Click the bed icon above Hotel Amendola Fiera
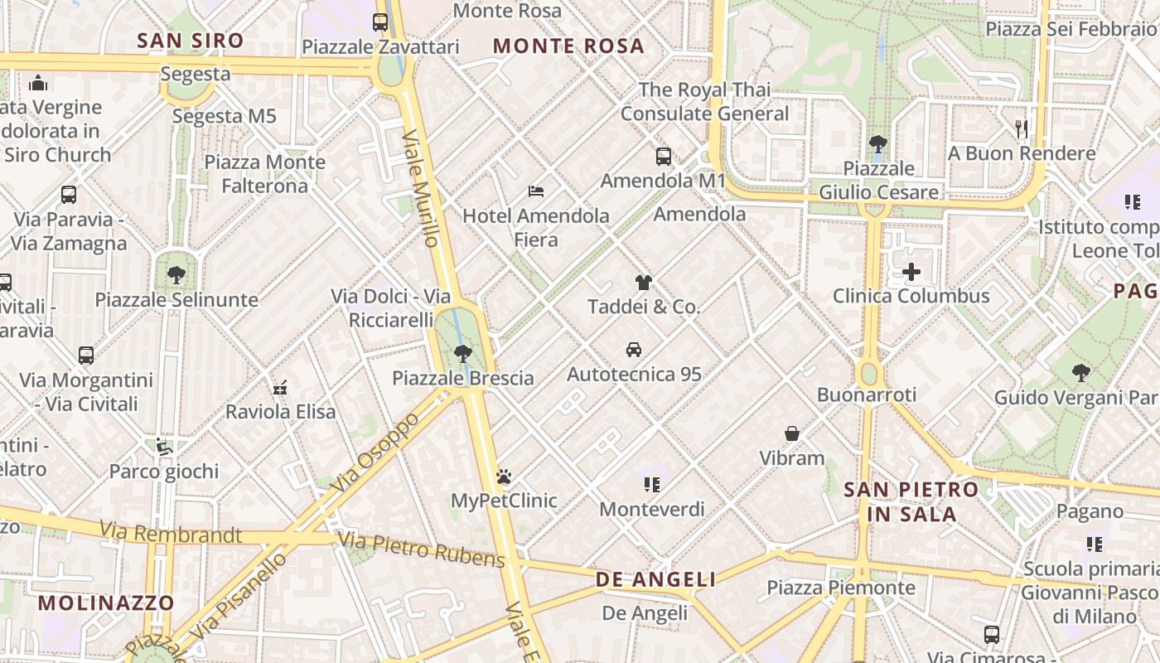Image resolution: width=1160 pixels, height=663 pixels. point(536,191)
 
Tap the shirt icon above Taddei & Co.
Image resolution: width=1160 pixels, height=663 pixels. point(644,283)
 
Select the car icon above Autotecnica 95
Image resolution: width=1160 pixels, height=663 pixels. point(634,350)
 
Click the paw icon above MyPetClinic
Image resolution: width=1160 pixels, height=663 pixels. point(504,477)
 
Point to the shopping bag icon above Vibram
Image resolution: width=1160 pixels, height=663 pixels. point(792,433)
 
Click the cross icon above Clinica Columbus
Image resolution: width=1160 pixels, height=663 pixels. point(911,272)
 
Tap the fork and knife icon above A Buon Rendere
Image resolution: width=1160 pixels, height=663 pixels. point(1022,128)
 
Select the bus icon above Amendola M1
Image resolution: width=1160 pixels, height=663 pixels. point(663,156)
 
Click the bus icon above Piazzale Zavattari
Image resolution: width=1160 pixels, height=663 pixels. point(380,22)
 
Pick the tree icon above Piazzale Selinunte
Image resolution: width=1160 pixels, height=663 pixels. point(176,275)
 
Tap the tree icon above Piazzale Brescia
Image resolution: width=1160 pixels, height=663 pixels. point(463,354)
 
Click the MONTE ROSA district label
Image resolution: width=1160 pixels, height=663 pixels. point(568,46)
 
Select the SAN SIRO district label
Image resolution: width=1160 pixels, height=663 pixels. point(191,41)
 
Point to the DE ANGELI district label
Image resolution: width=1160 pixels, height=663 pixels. point(655,579)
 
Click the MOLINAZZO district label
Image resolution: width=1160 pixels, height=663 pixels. point(106,603)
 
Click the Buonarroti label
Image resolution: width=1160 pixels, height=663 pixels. point(866,394)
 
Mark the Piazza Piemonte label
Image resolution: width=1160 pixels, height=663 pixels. point(841,588)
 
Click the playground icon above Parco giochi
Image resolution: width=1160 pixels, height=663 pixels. point(164,447)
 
